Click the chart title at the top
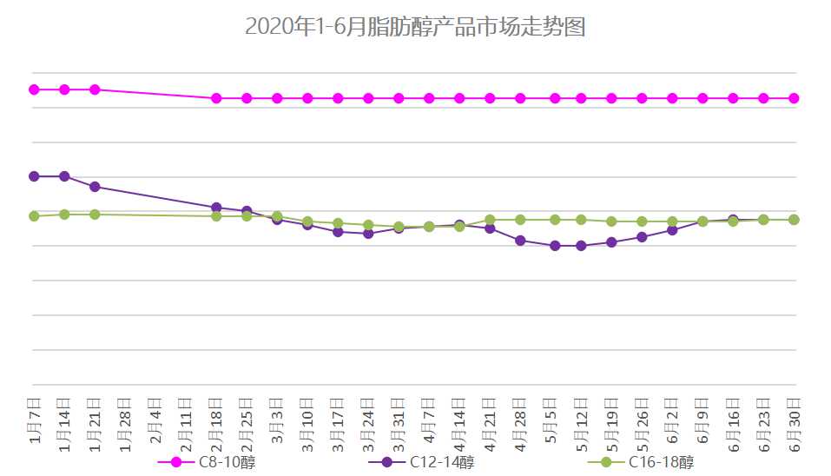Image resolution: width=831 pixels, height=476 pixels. coord(415,27)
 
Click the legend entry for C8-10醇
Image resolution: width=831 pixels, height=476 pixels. coord(208,462)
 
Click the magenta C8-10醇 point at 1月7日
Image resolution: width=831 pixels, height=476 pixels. coord(34,89)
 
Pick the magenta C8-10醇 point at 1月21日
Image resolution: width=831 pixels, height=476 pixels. coord(95,89)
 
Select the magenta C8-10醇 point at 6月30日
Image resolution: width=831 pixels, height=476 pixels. coord(794,98)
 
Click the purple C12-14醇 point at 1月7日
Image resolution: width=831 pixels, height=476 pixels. coord(34,176)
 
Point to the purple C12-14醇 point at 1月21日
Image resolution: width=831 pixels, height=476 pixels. coord(95,187)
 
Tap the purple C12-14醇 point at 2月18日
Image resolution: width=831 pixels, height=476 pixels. coord(216,208)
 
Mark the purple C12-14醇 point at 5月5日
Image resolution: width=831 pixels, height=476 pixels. coord(551,246)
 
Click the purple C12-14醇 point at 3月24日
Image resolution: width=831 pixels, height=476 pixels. coord(368,234)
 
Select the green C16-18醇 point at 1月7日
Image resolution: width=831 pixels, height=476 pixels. coord(34,216)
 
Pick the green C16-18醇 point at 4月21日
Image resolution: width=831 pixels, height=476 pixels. coord(490,220)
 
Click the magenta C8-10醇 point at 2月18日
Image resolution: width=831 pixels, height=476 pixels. coord(216,98)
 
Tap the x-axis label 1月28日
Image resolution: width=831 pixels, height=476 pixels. coord(126,420)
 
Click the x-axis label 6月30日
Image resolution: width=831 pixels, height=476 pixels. coord(795,420)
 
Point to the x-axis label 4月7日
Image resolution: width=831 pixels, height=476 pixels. coord(430,420)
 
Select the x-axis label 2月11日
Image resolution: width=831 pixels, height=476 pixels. coord(187,420)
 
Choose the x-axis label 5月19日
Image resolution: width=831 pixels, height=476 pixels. coord(612,420)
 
